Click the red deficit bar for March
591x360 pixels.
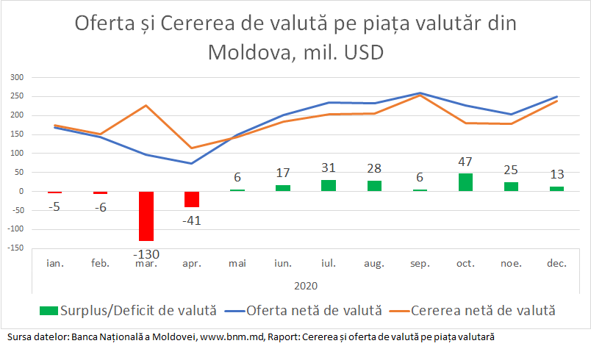146,216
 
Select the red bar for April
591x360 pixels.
192,199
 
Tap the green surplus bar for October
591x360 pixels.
465,182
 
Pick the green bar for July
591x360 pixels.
329,185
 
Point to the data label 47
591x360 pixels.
465,162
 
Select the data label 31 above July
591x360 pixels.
329,168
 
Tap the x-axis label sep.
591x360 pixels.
420,262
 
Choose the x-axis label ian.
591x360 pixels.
54,262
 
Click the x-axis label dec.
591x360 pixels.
556,262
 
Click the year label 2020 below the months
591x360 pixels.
305,286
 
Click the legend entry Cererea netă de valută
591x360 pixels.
482,311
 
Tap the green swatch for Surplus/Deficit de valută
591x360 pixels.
48,311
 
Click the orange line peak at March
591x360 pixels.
146,105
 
